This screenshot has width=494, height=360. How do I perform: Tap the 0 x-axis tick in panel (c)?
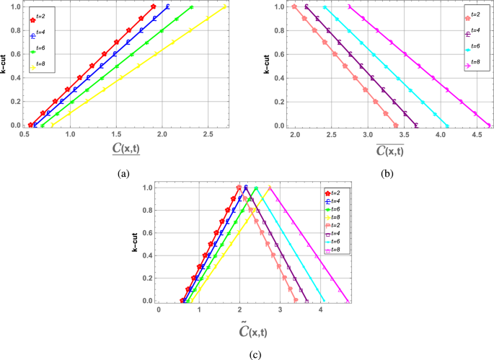click(159, 310)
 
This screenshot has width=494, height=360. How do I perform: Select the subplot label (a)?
click(123, 174)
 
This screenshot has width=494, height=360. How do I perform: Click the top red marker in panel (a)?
click(154, 6)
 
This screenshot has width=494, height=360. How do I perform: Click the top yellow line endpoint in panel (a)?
click(225, 6)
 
